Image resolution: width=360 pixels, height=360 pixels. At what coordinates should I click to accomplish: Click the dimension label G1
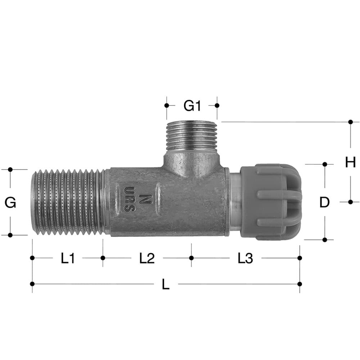coord(192,106)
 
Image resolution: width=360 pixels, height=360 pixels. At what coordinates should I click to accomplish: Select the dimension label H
coord(350,162)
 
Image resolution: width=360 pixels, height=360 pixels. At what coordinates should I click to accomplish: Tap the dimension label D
coord(324,203)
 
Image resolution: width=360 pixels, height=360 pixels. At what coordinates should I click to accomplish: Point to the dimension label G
coord(10,203)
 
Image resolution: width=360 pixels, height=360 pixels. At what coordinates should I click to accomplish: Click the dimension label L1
coord(68,258)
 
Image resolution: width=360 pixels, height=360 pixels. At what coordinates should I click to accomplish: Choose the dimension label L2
coord(147,258)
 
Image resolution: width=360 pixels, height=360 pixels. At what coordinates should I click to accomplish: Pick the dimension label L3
coord(245,258)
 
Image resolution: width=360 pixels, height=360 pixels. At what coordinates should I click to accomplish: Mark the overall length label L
coord(165,285)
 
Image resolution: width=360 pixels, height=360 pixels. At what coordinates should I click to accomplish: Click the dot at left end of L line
coord(32,284)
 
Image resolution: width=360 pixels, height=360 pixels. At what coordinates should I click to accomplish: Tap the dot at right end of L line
coord(300,284)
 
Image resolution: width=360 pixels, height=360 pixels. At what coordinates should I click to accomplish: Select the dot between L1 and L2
coord(103,258)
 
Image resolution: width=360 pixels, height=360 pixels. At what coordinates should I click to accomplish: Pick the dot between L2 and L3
coord(191,258)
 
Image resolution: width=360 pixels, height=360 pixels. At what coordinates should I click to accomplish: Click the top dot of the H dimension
coord(350,122)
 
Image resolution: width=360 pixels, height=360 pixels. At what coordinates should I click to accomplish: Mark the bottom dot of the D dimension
coord(325,239)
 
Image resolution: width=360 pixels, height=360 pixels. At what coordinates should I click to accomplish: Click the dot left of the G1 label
coord(167,105)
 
